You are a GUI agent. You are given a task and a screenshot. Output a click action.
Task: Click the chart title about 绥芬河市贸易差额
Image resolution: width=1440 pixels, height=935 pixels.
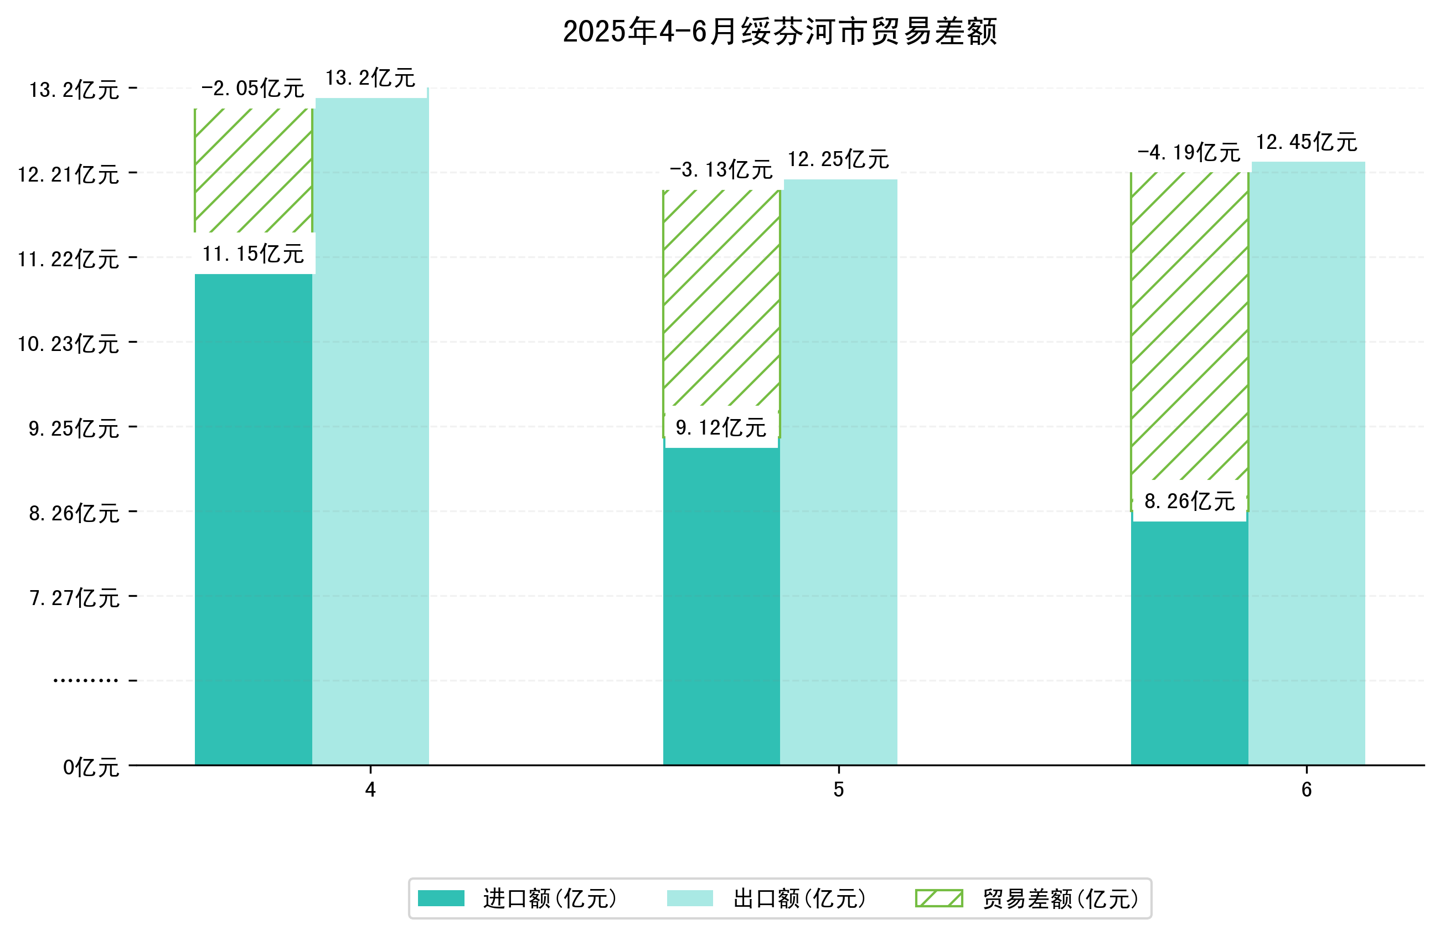[780, 32]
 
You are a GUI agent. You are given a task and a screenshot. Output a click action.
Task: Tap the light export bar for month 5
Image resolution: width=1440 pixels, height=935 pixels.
[838, 472]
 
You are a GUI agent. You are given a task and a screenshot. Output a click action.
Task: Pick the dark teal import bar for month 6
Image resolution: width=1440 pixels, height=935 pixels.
[1189, 642]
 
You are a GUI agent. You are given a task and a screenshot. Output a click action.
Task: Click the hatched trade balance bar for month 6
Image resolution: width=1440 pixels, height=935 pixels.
[1189, 327]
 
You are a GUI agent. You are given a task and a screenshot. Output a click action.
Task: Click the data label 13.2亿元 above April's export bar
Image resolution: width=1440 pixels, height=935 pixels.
[370, 78]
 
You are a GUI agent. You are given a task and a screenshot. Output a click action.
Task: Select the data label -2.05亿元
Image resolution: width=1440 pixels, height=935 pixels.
[252, 89]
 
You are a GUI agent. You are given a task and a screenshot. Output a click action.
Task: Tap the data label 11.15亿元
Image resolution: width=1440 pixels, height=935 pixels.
[253, 254]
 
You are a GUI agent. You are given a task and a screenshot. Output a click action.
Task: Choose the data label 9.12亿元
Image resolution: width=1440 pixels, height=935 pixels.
[721, 428]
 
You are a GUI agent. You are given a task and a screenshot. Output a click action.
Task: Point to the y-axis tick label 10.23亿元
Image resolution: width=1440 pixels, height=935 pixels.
[68, 344]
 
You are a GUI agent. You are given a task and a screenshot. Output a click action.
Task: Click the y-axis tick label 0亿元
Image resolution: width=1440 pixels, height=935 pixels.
[91, 767]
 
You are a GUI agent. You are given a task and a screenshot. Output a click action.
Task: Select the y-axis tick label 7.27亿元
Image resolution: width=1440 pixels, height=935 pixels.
[74, 598]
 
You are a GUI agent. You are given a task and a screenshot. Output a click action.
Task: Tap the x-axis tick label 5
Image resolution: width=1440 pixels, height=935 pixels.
[838, 790]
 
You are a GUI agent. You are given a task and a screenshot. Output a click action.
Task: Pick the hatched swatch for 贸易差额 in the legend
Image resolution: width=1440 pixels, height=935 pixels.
[938, 898]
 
